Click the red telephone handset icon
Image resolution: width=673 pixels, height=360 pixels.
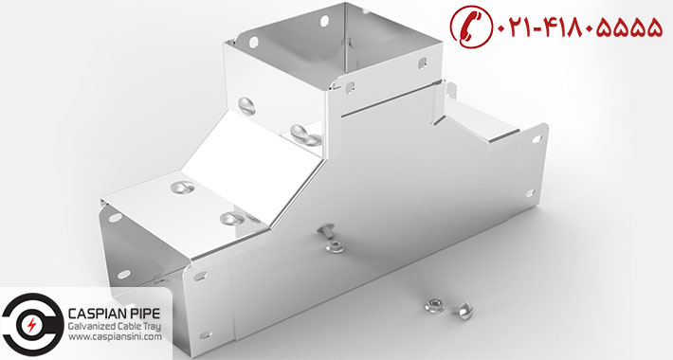click(470, 26)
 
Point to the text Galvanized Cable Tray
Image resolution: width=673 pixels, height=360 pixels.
click(115, 327)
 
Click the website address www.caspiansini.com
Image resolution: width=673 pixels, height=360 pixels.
click(115, 337)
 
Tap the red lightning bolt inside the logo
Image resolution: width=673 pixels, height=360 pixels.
click(31, 325)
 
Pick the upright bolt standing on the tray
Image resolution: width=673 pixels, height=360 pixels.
click(325, 233)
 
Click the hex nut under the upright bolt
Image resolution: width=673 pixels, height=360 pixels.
click(334, 246)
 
